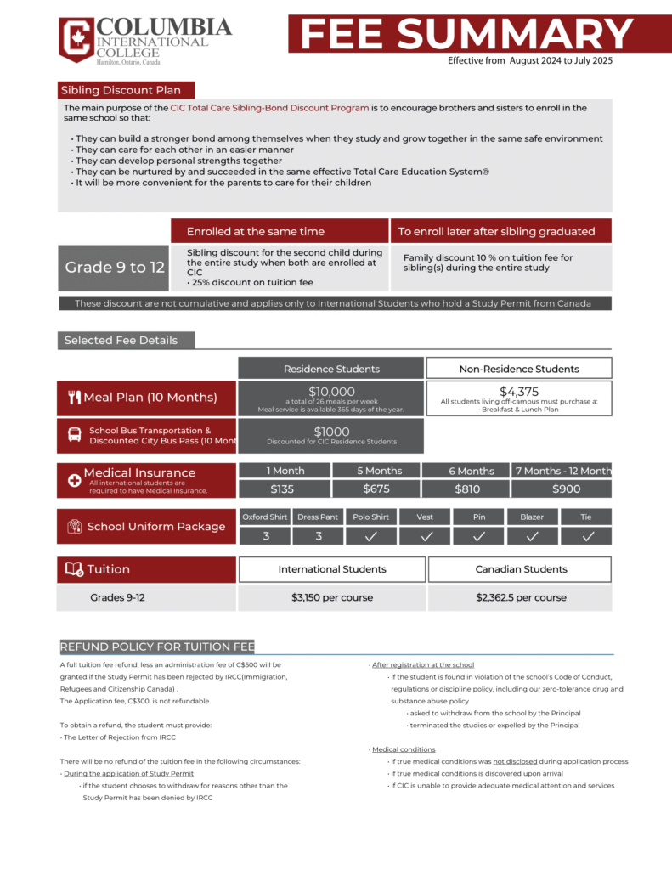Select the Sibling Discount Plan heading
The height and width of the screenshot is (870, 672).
pyautogui.click(x=126, y=90)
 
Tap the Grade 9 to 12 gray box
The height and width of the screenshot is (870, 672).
pyautogui.click(x=114, y=268)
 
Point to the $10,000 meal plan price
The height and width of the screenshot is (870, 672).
pyautogui.click(x=330, y=392)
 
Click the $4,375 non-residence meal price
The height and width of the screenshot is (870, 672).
pyautogui.click(x=518, y=392)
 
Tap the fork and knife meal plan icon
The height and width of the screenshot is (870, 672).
pyautogui.click(x=74, y=398)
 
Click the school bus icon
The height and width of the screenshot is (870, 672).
pyautogui.click(x=75, y=436)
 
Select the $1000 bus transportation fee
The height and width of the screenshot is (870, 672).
pyautogui.click(x=330, y=432)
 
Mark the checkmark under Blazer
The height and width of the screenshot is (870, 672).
pyautogui.click(x=532, y=536)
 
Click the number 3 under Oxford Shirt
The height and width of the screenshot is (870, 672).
pyautogui.click(x=265, y=536)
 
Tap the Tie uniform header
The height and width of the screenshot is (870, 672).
pyautogui.click(x=586, y=517)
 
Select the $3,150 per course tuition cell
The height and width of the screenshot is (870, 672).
pyautogui.click(x=331, y=597)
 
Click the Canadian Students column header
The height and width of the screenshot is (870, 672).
pyautogui.click(x=519, y=569)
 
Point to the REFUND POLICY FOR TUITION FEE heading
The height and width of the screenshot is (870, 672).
pyautogui.click(x=157, y=647)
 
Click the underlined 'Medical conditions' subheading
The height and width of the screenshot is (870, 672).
pyautogui.click(x=404, y=749)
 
